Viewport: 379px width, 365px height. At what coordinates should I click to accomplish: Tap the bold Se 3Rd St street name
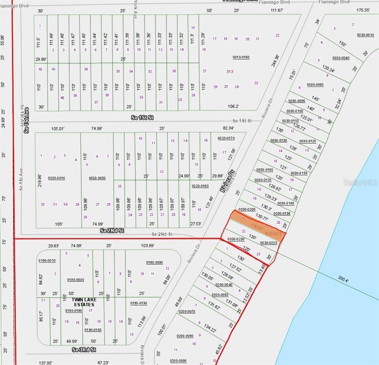click(84, 350)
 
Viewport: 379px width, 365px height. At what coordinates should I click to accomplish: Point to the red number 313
click(229, 71)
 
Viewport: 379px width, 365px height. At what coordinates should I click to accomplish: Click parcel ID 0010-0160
click(241, 57)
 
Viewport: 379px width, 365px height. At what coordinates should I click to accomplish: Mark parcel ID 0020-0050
click(97, 178)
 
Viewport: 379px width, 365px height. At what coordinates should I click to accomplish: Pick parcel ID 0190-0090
click(154, 262)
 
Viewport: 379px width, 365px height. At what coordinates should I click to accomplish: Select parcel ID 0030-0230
click(236, 239)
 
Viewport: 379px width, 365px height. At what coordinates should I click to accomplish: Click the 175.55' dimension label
click(363, 10)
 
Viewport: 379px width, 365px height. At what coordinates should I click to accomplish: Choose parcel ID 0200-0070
click(187, 311)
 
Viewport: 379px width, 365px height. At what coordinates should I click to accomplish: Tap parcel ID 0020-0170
click(226, 138)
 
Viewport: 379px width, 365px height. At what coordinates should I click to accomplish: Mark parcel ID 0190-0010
click(47, 260)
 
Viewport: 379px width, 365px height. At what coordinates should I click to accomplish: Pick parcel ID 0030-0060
click(315, 85)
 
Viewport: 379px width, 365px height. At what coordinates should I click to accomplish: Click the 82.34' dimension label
click(228, 128)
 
